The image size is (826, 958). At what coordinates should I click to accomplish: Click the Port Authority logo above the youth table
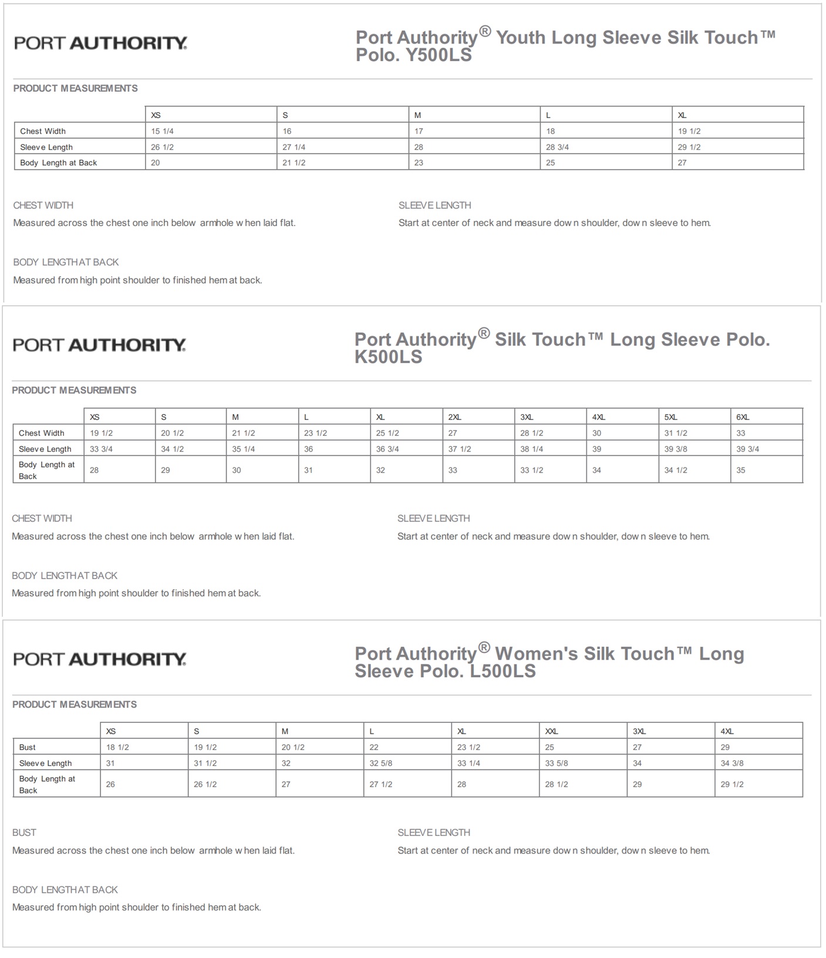pyautogui.click(x=100, y=43)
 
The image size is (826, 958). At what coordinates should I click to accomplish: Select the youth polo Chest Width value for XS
pyautogui.click(x=162, y=131)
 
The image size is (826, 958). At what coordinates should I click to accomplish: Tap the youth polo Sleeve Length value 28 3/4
pyautogui.click(x=557, y=147)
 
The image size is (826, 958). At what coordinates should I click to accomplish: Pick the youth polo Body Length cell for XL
pyautogui.click(x=682, y=163)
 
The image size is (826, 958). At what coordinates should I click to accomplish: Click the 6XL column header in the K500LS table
pyautogui.click(x=743, y=417)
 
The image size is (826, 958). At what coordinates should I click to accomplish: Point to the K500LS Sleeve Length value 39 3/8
pyautogui.click(x=676, y=449)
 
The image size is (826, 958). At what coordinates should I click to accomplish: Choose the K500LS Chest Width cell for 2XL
pyautogui.click(x=453, y=433)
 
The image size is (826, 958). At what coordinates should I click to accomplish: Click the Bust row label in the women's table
pyautogui.click(x=27, y=747)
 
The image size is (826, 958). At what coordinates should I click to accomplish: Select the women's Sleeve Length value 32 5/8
pyautogui.click(x=381, y=763)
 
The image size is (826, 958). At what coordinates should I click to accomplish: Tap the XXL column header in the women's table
pyautogui.click(x=551, y=731)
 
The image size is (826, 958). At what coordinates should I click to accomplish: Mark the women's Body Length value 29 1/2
pyautogui.click(x=732, y=784)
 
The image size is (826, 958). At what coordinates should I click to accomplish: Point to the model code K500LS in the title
pyautogui.click(x=388, y=357)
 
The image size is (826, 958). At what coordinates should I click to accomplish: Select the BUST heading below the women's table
pyautogui.click(x=24, y=832)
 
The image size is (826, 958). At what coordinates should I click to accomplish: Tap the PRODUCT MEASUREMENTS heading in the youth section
pyautogui.click(x=75, y=88)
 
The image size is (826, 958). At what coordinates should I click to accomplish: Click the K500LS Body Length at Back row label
pyautogui.click(x=46, y=470)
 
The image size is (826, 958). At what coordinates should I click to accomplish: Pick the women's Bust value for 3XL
pyautogui.click(x=637, y=747)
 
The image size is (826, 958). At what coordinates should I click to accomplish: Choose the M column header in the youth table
pyautogui.click(x=417, y=115)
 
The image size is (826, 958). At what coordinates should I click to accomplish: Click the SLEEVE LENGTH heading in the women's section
pyautogui.click(x=434, y=832)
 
